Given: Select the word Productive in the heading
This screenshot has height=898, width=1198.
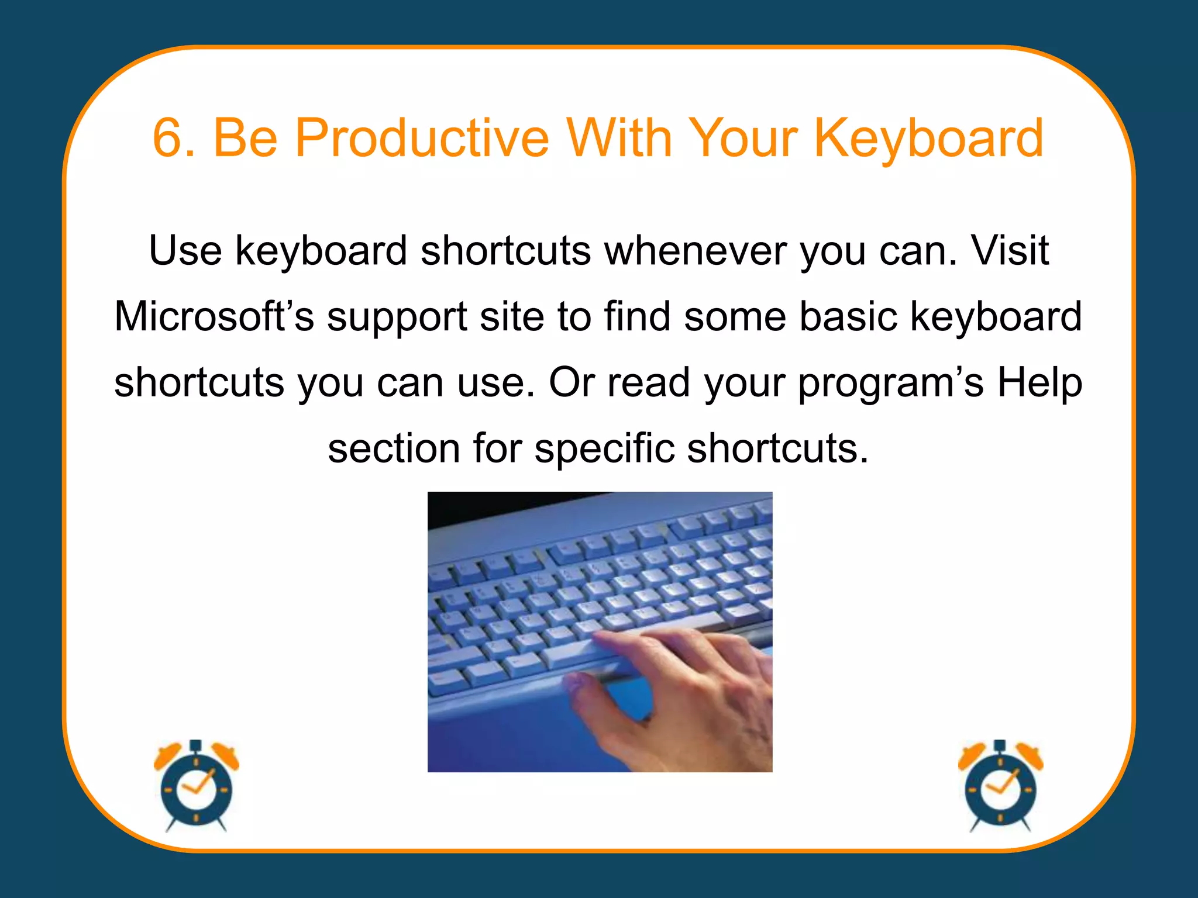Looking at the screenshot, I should (x=421, y=138).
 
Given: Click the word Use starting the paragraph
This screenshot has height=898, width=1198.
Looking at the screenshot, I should (x=185, y=250).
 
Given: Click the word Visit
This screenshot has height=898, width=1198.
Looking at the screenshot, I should (x=1010, y=250).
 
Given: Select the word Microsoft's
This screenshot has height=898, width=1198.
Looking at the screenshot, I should (x=214, y=316).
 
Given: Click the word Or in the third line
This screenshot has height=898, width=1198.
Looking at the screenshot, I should (x=571, y=382).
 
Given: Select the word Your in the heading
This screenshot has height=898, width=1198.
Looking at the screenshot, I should (x=743, y=138).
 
